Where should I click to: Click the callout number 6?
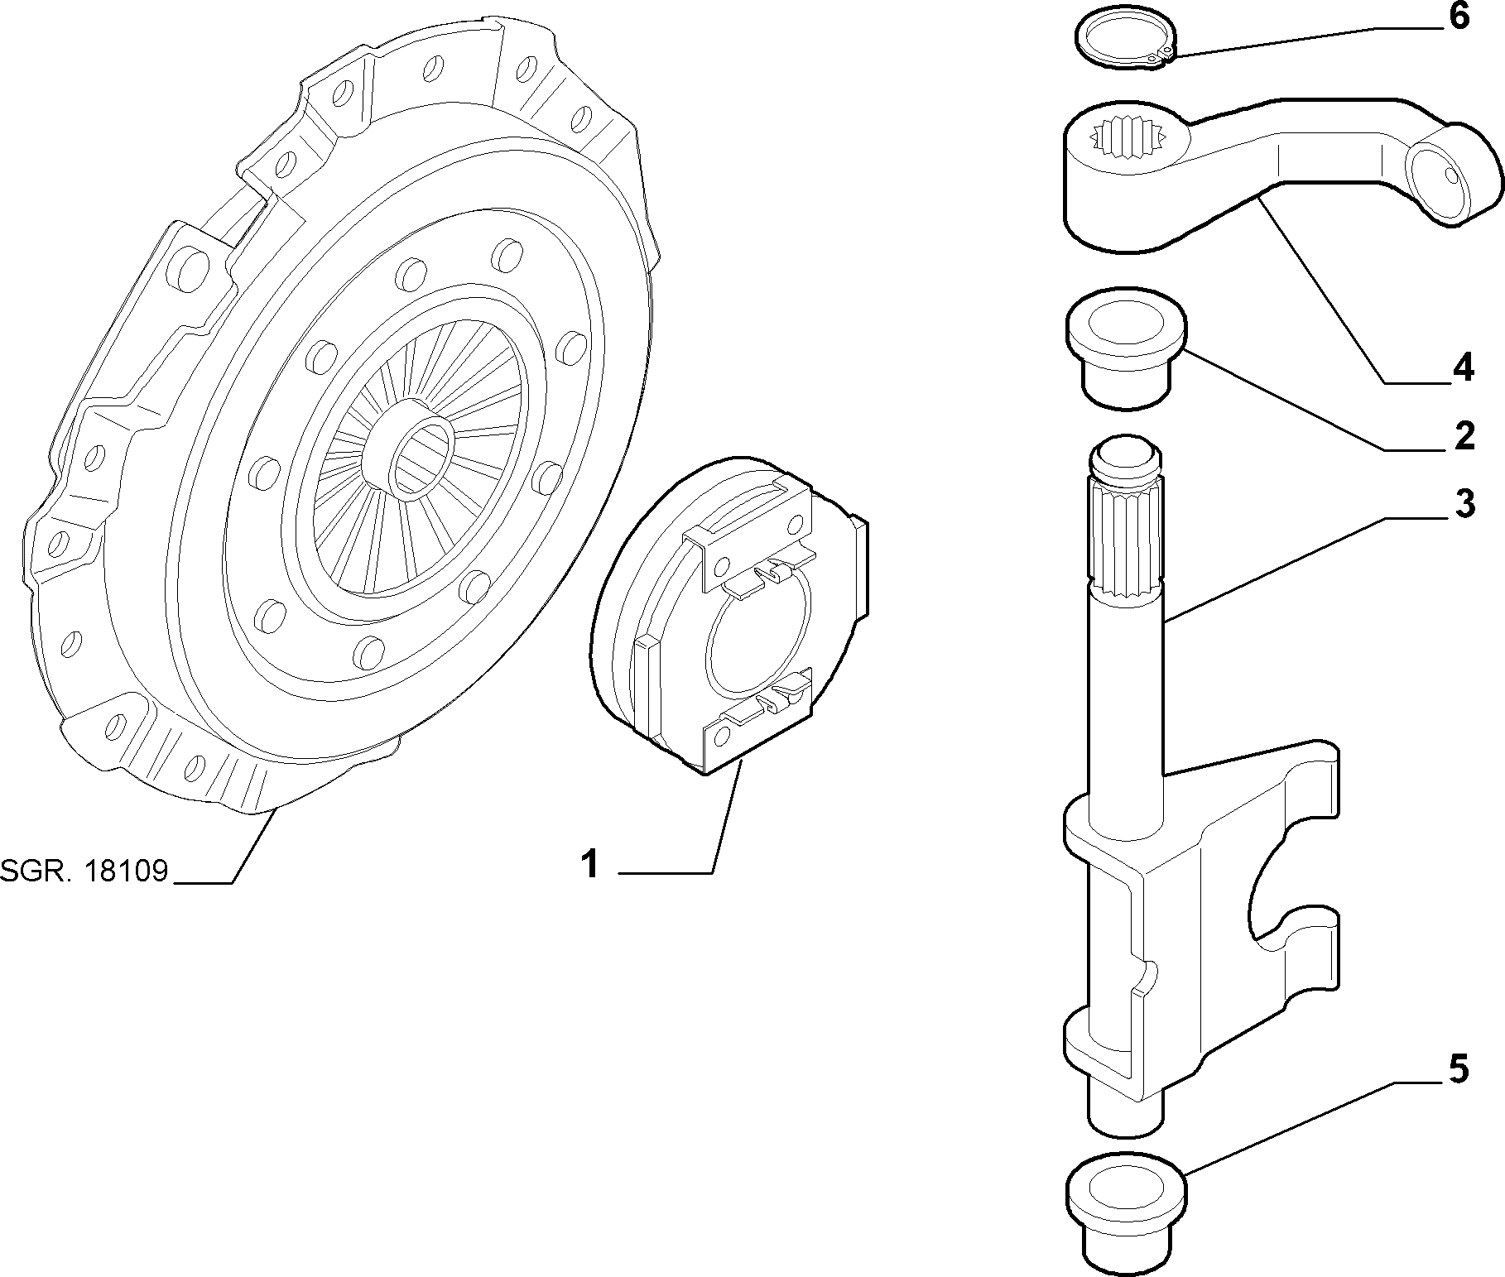[x=1459, y=17]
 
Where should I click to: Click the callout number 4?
[x=1463, y=367]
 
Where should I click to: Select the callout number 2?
[x=1464, y=436]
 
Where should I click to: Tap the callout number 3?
[x=1464, y=504]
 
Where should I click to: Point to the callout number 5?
[x=1459, y=1069]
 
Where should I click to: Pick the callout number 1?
[x=589, y=866]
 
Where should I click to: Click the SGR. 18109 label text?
[x=84, y=871]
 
